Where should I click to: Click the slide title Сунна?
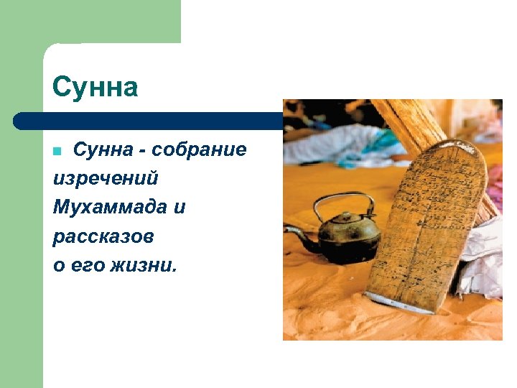pyautogui.click(x=95, y=88)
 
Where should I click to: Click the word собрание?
pyautogui.click(x=199, y=149)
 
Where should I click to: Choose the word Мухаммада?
pyautogui.click(x=109, y=208)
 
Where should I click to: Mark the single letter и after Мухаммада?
pyautogui.click(x=180, y=208)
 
